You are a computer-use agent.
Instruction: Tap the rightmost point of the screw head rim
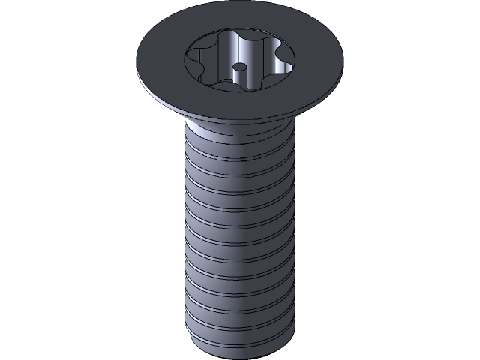pyautogui.click(x=343, y=60)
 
